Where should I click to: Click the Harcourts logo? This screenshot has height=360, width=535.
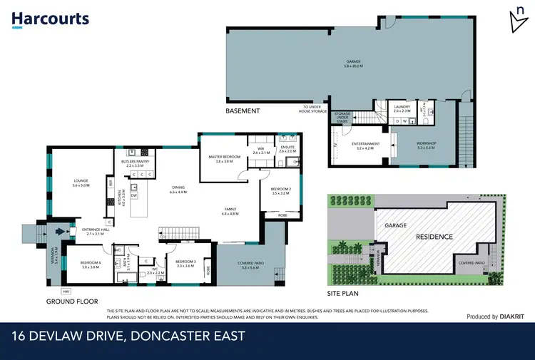point(50,20)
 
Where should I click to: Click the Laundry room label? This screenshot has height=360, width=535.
point(402,108)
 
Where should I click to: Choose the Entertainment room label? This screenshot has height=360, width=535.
point(366,145)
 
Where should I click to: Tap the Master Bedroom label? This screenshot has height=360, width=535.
point(223,158)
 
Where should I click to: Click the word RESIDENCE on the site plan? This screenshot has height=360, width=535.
point(435,236)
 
